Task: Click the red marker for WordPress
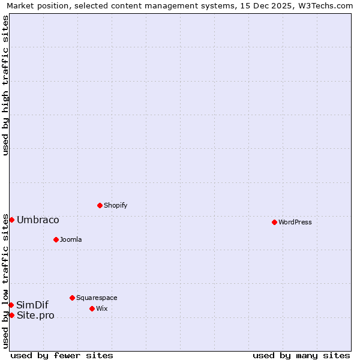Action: coord(274,222)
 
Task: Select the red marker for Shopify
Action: coord(100,205)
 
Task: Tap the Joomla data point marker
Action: coord(56,239)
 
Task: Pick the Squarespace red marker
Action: coord(72,298)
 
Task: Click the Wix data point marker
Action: coord(92,308)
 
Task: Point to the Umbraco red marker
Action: coord(11,220)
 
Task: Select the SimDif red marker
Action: coord(11,305)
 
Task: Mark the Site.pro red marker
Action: coord(11,315)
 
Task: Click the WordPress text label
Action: coord(295,222)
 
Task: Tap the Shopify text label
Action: coord(115,205)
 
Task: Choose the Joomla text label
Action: coord(71,239)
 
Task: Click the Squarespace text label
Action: coord(97,298)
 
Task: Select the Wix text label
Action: coord(101,308)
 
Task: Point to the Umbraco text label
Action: coord(38,220)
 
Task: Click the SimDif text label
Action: coord(32,305)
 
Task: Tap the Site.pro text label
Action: coord(35,315)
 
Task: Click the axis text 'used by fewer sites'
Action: coord(62,355)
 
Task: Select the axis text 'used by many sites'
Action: coord(301,355)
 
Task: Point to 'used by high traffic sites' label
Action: coord(5,85)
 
